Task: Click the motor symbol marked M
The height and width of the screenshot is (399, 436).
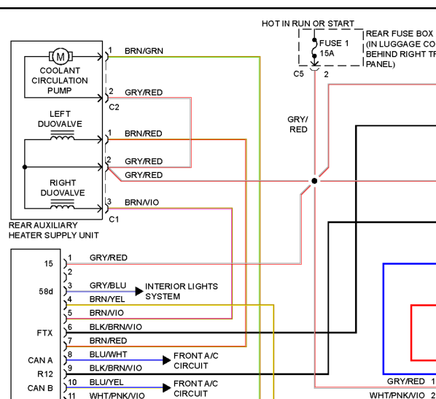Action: [x=61, y=56]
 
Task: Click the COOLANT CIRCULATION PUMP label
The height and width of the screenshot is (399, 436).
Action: [x=60, y=80]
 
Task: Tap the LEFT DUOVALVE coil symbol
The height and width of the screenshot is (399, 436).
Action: [x=62, y=136]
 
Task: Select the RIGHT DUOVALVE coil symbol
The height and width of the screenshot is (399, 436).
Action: [x=62, y=204]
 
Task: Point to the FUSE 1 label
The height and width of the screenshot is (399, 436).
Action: [x=334, y=43]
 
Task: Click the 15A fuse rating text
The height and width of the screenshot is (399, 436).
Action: [x=327, y=53]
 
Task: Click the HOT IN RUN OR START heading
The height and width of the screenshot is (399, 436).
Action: [x=308, y=23]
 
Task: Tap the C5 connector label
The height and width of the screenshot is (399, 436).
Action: [x=298, y=74]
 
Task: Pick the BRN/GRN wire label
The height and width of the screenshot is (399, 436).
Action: [x=144, y=51]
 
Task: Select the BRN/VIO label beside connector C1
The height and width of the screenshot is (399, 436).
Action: [x=142, y=202]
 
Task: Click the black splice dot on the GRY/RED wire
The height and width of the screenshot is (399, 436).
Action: [x=314, y=181]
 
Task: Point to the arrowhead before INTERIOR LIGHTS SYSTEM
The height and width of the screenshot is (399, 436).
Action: [x=139, y=291]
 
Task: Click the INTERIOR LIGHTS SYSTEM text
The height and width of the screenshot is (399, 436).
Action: [x=182, y=291]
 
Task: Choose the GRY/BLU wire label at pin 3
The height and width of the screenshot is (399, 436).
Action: [x=108, y=285]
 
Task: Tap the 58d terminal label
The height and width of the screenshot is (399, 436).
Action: [x=46, y=291]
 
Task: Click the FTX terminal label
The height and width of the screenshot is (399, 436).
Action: [x=44, y=333]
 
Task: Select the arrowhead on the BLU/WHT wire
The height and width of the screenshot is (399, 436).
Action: [x=166, y=360]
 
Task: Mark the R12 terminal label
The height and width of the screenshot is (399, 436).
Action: [x=45, y=374]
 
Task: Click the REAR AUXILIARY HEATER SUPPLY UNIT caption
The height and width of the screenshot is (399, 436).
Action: [x=53, y=230]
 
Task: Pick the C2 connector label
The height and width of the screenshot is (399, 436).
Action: [x=114, y=107]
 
